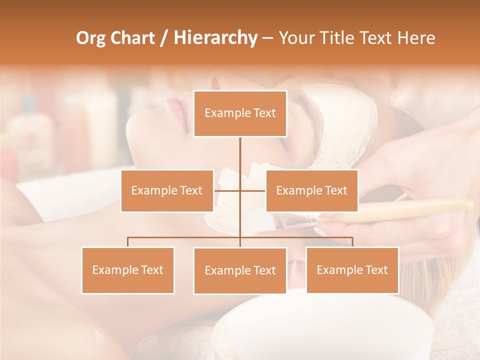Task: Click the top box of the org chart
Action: (240, 113)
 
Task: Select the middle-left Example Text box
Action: (167, 190)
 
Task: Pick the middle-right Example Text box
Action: (311, 190)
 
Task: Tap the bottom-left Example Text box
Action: (128, 270)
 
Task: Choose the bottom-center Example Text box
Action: (240, 270)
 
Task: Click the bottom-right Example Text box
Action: (352, 270)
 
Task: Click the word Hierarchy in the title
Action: (215, 38)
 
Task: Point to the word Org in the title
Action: (91, 38)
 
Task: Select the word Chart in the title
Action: (133, 38)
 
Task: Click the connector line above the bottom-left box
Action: (128, 241)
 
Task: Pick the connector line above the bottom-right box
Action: (352, 241)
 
